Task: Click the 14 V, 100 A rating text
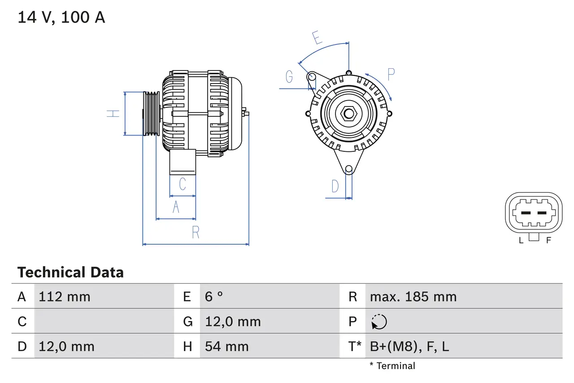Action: click(61, 17)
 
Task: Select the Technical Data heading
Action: click(70, 272)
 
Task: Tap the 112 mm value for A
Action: click(65, 297)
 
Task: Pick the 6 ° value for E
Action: click(214, 297)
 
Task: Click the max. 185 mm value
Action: click(413, 297)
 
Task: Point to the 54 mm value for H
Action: click(226, 347)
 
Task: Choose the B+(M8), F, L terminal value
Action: click(409, 347)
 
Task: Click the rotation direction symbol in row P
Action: click(379, 322)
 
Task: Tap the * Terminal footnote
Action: click(392, 366)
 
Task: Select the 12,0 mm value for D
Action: click(66, 347)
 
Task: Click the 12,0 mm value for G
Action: click(233, 322)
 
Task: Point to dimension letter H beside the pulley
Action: click(113, 113)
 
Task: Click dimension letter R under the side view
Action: click(196, 233)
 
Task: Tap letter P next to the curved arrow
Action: click(391, 75)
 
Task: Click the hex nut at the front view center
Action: click(348, 113)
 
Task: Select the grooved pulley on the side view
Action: click(151, 114)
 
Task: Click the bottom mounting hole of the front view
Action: click(348, 169)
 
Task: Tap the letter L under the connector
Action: click(521, 240)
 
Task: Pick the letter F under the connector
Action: click(548, 240)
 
